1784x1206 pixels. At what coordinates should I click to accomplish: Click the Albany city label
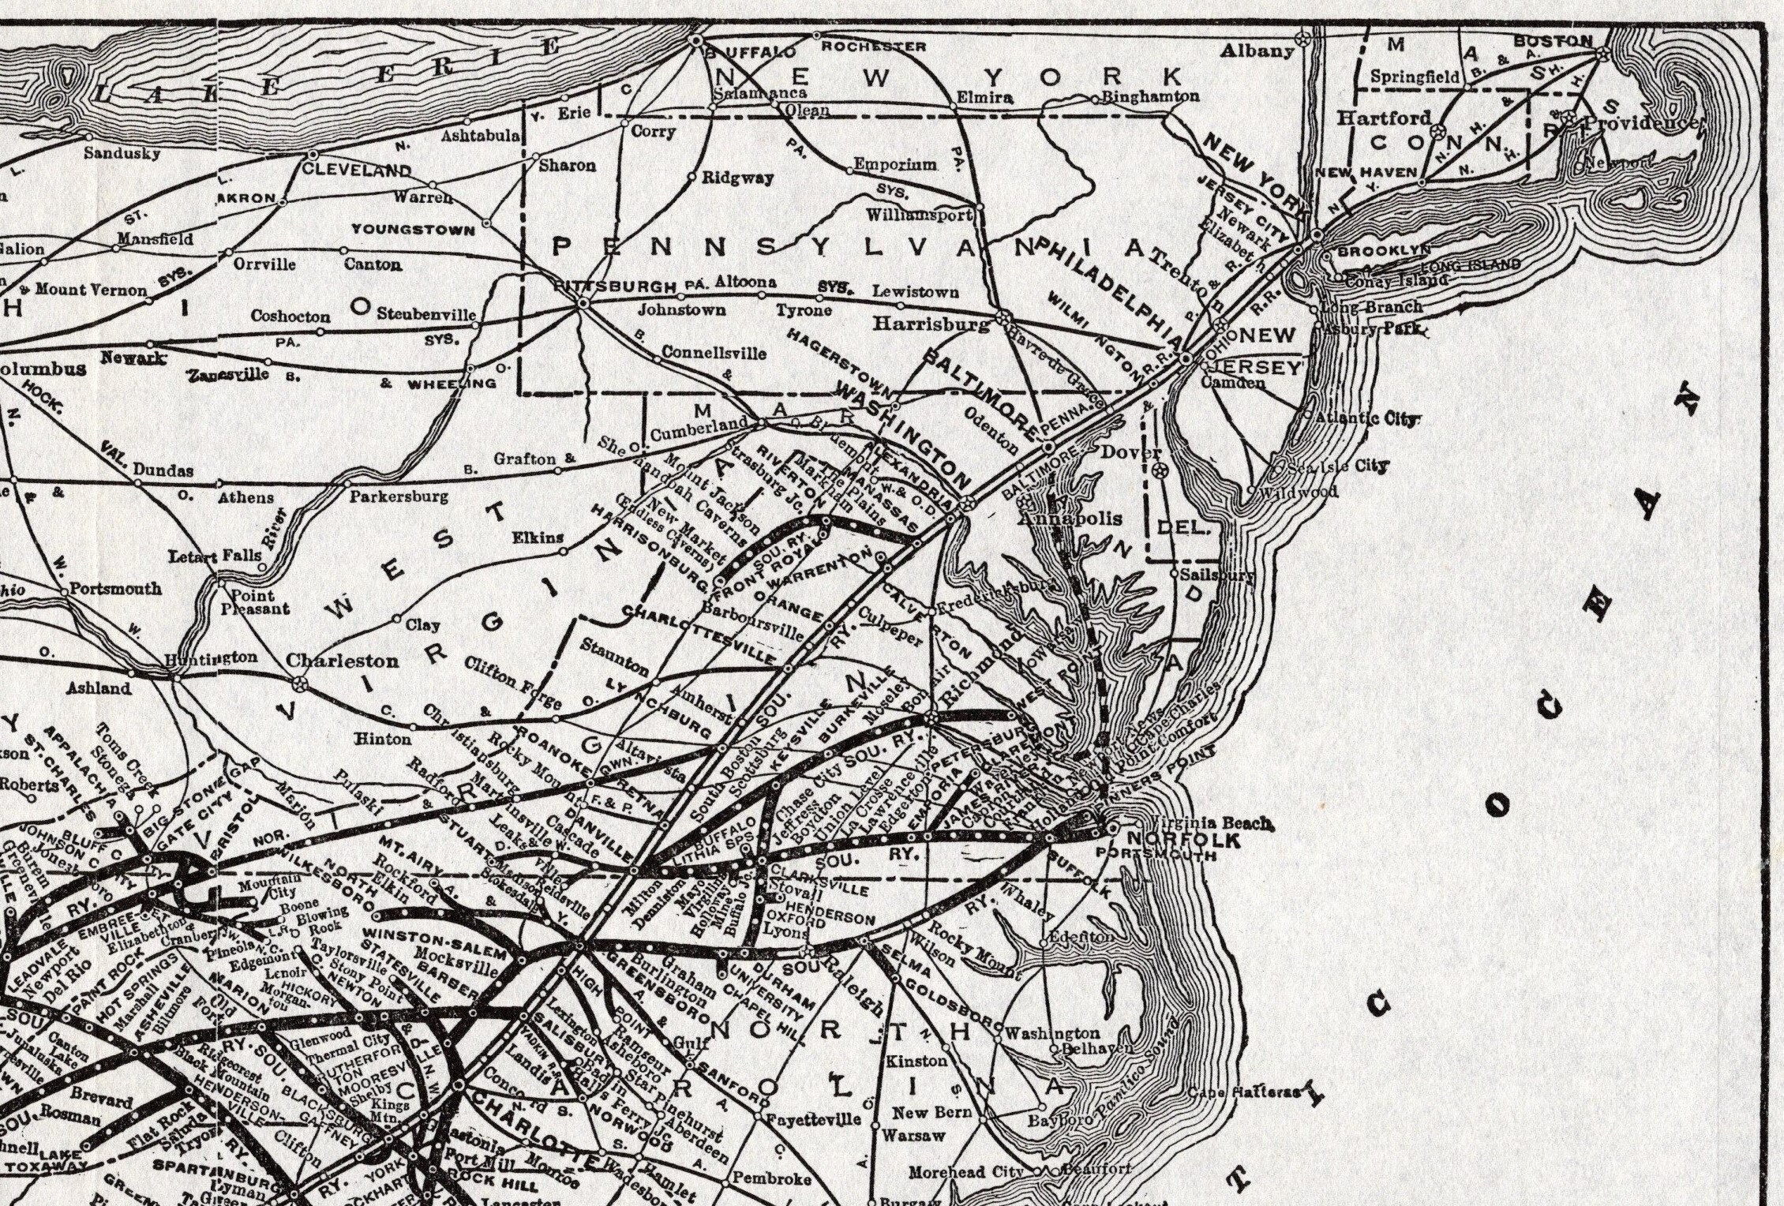pos(1257,51)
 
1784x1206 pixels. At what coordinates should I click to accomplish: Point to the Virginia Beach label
pos(1212,822)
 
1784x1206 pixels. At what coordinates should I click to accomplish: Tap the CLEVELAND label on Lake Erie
pos(357,170)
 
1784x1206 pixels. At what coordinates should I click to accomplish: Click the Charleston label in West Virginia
pos(342,660)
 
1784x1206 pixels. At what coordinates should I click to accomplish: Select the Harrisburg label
pos(930,324)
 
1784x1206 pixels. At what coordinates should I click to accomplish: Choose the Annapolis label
pos(1069,519)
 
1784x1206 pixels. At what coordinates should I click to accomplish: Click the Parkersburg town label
pos(399,497)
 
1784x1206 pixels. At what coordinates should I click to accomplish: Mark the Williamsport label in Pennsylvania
pos(919,215)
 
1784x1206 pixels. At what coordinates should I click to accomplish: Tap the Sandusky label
pos(122,153)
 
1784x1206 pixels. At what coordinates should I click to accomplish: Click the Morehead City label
pos(965,1172)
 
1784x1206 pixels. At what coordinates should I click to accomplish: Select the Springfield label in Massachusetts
pos(1414,77)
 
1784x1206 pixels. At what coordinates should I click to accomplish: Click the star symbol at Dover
pos(1160,471)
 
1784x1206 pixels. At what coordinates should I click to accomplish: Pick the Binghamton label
pos(1150,96)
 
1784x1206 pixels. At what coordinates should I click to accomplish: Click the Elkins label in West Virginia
pos(538,537)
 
